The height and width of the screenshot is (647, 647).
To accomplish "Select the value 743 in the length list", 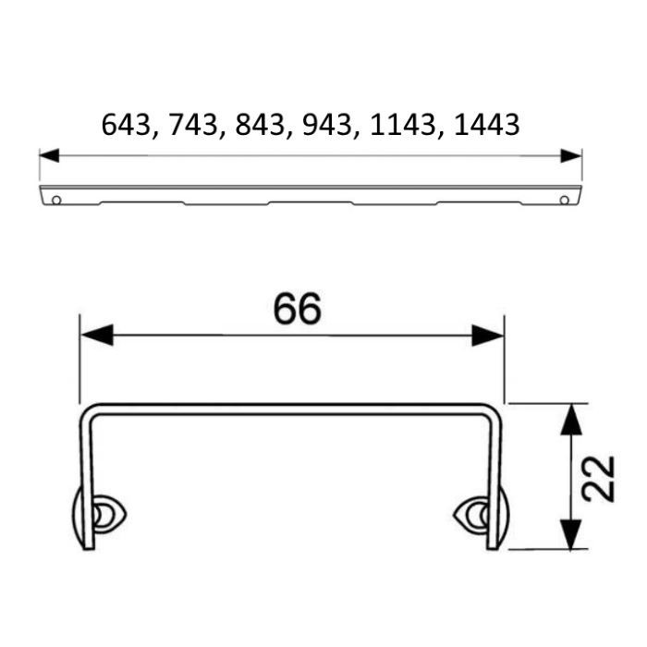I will [x=189, y=125].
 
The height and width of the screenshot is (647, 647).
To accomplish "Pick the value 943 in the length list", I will [x=323, y=125].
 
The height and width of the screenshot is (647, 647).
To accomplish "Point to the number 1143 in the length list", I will [x=397, y=125].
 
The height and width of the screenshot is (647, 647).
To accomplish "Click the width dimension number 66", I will [x=297, y=310].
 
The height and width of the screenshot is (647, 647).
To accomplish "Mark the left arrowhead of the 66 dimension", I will [x=96, y=335].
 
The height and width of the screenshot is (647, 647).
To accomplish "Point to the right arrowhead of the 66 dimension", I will [x=488, y=335].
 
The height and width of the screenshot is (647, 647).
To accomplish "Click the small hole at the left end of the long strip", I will [x=56, y=199].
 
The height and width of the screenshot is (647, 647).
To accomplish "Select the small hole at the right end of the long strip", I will [x=565, y=199].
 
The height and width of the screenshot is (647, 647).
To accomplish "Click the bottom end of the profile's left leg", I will [x=89, y=546].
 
